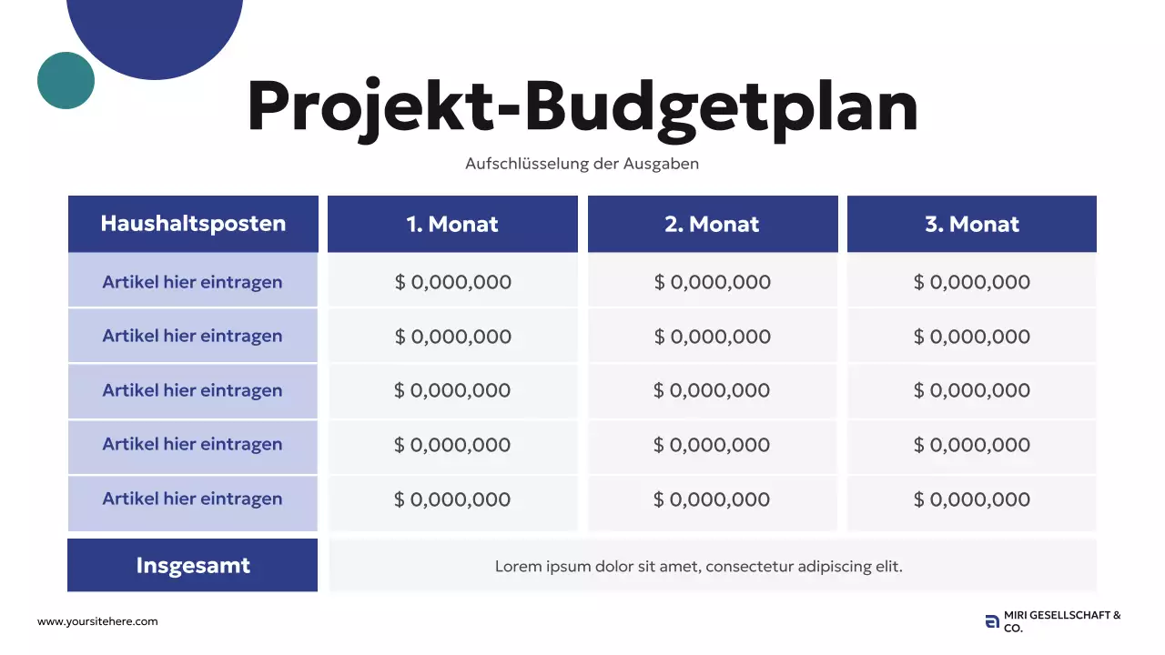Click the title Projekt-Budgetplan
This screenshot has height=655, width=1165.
point(582,107)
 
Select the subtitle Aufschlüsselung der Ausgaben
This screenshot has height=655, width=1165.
point(582,164)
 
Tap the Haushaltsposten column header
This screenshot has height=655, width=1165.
point(193,224)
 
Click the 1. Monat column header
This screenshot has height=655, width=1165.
point(452,225)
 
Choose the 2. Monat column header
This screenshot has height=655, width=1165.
point(712,225)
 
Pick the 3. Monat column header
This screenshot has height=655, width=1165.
point(972,225)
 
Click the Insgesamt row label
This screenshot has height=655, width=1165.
point(193,565)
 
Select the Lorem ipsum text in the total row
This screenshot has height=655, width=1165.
point(699,566)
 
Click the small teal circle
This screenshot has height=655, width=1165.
point(66,80)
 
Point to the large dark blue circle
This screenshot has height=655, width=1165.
point(155,27)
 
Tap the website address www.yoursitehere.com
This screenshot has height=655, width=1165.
point(97,621)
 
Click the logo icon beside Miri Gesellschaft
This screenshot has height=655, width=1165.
point(992,622)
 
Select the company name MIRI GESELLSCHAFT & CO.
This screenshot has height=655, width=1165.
point(1062,621)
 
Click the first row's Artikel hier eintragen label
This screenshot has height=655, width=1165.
point(193,282)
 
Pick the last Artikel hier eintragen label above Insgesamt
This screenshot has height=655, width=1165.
point(193,499)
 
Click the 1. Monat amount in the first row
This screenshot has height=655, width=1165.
point(452,282)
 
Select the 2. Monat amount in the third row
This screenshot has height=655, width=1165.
point(712,390)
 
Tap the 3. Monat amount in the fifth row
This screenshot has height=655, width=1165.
point(972,499)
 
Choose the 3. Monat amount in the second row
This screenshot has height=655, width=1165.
point(972,337)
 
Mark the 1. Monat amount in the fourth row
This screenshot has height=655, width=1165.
point(452,445)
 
